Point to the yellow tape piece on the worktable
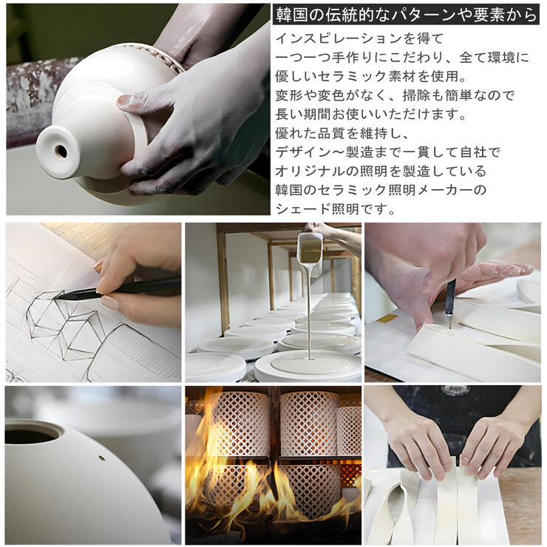click(x=387, y=318)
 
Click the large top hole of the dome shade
click(x=33, y=432)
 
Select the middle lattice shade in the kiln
click(x=308, y=424)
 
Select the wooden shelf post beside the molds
click(x=222, y=281)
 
